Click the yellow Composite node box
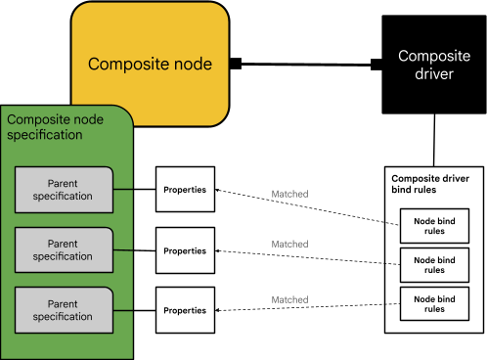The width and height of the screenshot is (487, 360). [x=150, y=65]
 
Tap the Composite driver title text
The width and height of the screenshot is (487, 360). [x=426, y=65]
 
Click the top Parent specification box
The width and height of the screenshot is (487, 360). [x=63, y=189]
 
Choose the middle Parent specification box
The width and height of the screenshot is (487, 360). [x=63, y=249]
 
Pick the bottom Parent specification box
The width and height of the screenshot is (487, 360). [x=63, y=310]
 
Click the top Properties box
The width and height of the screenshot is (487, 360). [x=185, y=189]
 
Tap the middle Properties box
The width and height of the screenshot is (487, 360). [x=185, y=249]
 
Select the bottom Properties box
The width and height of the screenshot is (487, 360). [x=185, y=310]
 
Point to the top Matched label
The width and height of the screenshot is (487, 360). [x=289, y=195]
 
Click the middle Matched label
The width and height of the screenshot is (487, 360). [x=289, y=244]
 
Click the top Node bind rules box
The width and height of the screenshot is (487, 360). [x=434, y=226]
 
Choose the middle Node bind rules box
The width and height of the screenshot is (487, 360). [x=434, y=265]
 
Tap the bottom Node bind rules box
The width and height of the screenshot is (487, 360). [x=434, y=303]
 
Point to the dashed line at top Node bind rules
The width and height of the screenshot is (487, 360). [x=392, y=224]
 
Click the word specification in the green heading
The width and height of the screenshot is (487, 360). [x=45, y=134]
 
